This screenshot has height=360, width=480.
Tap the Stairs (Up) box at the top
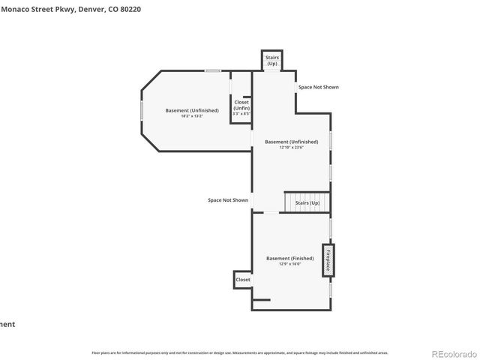271,61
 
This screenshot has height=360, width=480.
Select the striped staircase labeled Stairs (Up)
306,202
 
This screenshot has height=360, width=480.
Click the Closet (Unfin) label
241,105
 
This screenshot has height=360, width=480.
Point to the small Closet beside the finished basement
243,279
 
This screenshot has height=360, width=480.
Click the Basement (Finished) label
289,258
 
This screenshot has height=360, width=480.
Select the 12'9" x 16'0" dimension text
289,264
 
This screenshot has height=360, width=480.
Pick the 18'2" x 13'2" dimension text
192,116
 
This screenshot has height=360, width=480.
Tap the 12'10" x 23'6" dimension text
290,147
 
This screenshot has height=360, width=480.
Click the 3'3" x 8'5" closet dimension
241,114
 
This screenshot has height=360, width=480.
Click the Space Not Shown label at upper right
318,87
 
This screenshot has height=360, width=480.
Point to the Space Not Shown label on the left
228,200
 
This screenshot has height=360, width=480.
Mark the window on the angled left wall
141,109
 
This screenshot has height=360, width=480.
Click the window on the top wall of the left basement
214,71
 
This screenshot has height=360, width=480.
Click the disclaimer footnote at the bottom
239,352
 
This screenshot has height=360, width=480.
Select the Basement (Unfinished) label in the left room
192,110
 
